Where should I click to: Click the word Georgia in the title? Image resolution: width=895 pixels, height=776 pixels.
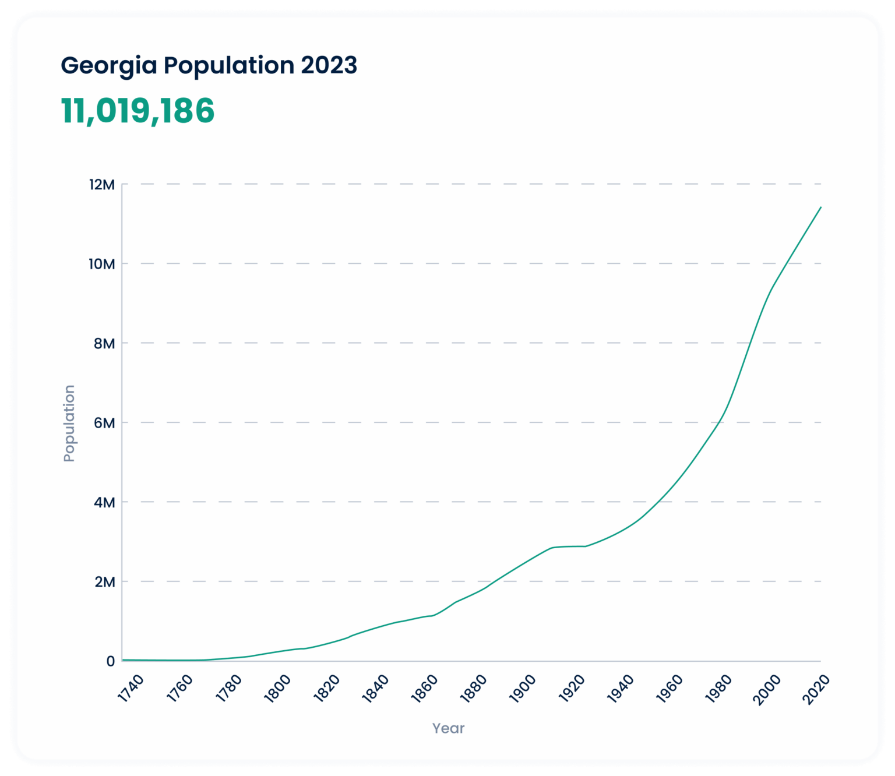109,66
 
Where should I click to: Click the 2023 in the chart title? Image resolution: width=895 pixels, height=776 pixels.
329,65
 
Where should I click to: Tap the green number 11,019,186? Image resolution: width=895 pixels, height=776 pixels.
138,111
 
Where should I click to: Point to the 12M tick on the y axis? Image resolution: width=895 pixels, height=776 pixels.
102,185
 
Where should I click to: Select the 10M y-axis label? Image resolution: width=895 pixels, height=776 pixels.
102,264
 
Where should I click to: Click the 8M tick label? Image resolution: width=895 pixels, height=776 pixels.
104,343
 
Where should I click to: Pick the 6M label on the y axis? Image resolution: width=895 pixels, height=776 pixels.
104,422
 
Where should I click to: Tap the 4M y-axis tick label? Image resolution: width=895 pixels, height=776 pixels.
104,502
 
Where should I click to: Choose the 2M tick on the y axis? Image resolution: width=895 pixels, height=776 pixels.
104,581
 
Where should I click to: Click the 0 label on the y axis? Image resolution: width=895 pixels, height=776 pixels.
110,661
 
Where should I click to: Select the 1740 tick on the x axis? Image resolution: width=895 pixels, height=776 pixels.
131,689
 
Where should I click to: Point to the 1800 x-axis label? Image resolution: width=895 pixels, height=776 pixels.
277,689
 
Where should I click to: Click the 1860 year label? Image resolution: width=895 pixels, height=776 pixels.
424,689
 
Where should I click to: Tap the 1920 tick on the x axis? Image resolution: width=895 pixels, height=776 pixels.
572,689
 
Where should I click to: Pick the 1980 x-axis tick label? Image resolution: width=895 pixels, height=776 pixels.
718,689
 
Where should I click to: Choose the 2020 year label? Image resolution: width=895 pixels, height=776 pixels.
816,689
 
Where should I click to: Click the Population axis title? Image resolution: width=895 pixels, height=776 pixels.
69,424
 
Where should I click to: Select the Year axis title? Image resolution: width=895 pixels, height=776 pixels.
448,728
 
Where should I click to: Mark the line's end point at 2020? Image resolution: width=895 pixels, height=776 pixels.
820,207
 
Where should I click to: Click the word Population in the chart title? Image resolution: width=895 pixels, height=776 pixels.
229,66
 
